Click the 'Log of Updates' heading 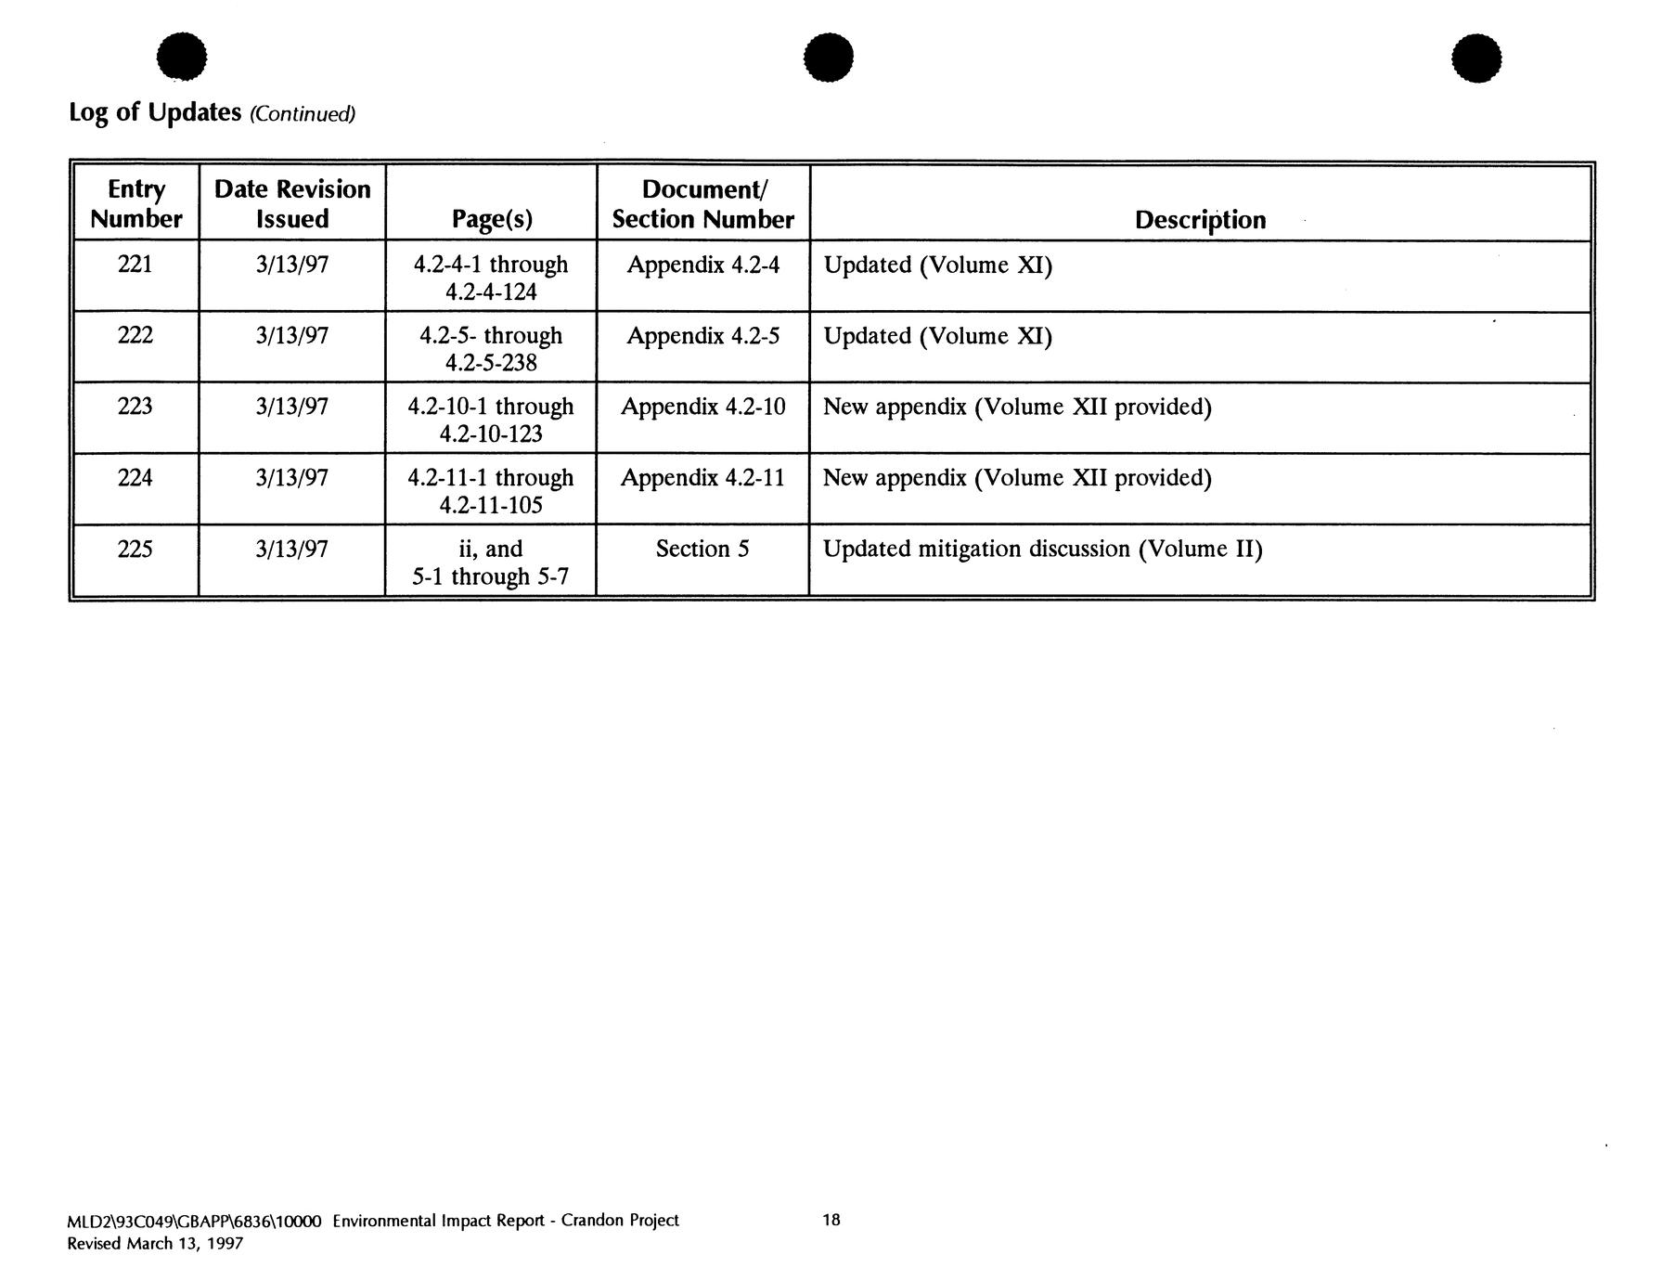[155, 112]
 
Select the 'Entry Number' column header [135, 203]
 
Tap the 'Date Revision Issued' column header [292, 203]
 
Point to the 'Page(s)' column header [492, 219]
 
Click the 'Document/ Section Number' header [702, 203]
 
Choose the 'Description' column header [1200, 220]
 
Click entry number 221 [135, 265]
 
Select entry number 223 [135, 407]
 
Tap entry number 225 [135, 550]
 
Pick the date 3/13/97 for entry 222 [292, 336]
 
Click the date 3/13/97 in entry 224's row [292, 478]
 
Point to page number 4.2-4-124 [491, 292]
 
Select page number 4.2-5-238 [491, 363]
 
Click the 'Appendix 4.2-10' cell [702, 407]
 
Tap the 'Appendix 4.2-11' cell [702, 478]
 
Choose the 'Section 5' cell [702, 550]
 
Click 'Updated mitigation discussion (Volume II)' [1042, 550]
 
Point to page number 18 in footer [831, 1220]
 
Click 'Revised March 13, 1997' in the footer [155, 1244]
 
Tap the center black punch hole [829, 58]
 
